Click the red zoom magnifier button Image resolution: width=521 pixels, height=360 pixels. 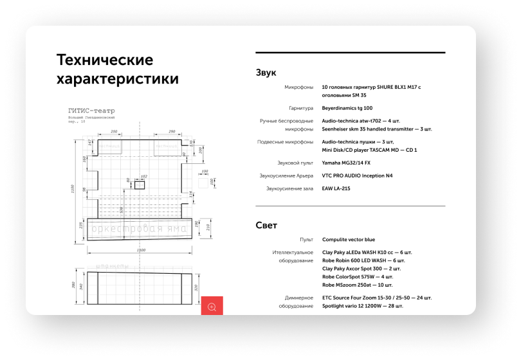(212, 307)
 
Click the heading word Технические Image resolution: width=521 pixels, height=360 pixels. (105, 60)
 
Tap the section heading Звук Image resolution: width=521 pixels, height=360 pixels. (266, 73)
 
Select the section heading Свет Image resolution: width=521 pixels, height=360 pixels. (266, 225)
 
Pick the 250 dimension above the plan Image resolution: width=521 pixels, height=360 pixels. (113, 131)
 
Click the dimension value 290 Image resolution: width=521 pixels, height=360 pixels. (172, 131)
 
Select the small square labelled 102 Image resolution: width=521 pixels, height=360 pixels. (140, 184)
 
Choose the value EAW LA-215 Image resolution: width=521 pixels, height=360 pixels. (336, 188)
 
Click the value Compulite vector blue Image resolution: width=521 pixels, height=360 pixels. (348, 239)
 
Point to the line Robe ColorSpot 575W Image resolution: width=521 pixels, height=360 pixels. (358, 276)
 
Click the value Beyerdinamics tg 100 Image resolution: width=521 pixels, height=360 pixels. (347, 108)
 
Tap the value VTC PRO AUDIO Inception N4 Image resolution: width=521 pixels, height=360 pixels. (366, 175)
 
